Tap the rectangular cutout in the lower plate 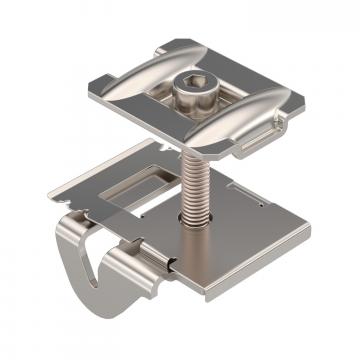125,185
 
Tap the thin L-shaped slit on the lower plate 240,190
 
